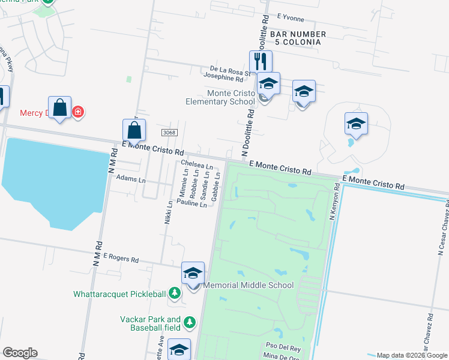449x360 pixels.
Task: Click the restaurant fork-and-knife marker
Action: [x=261, y=61]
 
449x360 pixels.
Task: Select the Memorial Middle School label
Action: [x=248, y=286]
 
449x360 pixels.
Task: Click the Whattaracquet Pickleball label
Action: [x=119, y=294]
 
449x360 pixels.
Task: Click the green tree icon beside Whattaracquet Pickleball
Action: [x=174, y=293]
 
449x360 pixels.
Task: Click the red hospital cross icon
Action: [x=77, y=112]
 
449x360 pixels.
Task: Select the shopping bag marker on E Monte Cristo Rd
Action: [x=134, y=130]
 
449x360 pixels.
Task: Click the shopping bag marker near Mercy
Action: [x=59, y=107]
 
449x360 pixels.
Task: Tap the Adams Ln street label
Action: [x=131, y=179]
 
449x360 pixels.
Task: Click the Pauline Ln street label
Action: [x=191, y=205]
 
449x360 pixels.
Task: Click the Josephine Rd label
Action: [x=223, y=79]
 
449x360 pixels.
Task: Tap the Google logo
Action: [x=19, y=353]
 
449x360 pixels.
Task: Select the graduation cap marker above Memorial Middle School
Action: [x=193, y=273]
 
